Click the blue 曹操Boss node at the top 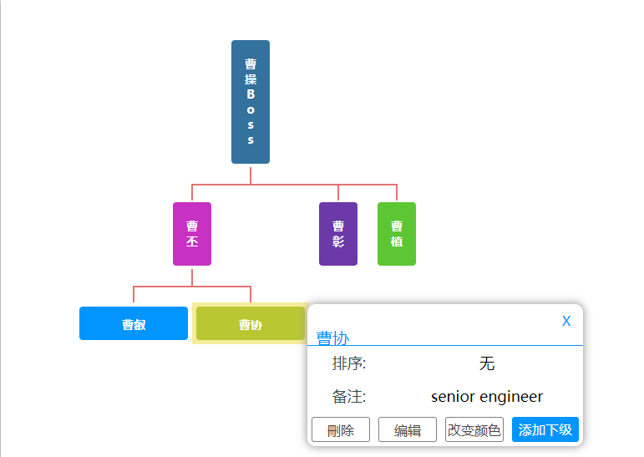251,102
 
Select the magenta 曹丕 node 192,234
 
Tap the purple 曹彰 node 338,234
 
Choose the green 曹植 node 397,234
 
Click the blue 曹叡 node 134,324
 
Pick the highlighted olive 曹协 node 251,324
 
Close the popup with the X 566,321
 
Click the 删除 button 341,430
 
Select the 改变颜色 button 474,430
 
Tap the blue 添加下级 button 545,430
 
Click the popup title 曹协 332,338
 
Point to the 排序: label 349,363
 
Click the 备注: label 349,397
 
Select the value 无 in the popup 487,363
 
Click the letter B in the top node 251,94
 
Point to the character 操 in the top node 251,79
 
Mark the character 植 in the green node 397,241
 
